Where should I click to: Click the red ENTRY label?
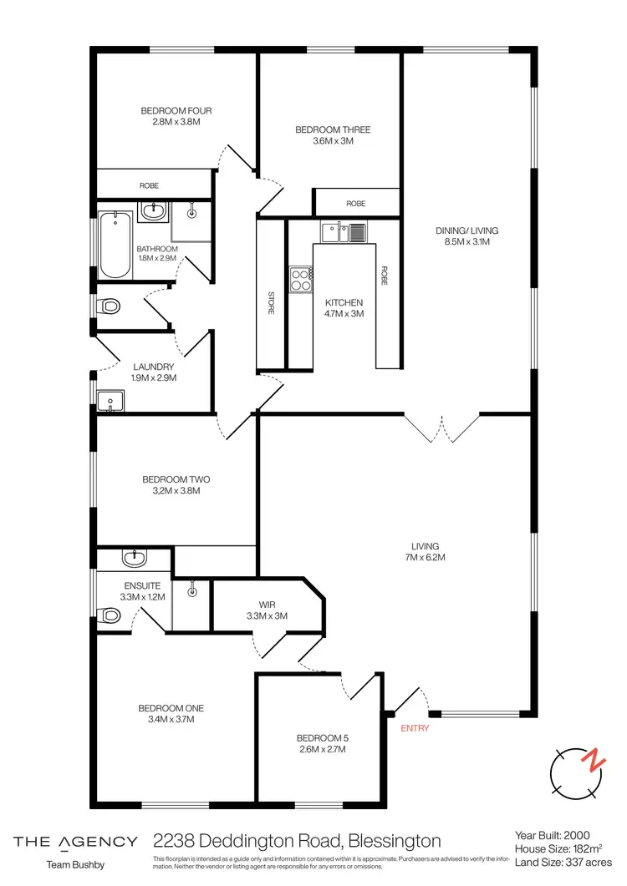click(x=415, y=728)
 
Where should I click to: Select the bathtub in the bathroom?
click(x=115, y=246)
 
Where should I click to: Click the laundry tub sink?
click(x=110, y=402)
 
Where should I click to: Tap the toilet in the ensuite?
click(x=110, y=616)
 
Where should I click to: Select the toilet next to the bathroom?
click(x=109, y=306)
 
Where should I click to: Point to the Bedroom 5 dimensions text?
click(x=321, y=750)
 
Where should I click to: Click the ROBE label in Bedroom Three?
click(x=355, y=203)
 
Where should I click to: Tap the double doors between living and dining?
click(x=441, y=427)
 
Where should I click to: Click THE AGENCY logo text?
click(x=75, y=841)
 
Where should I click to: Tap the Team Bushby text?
click(x=75, y=865)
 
